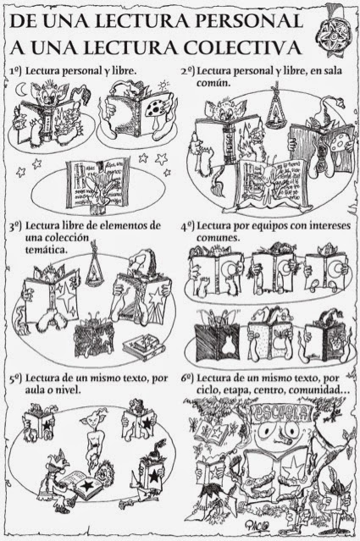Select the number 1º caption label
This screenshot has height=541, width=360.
[x=18, y=69]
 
